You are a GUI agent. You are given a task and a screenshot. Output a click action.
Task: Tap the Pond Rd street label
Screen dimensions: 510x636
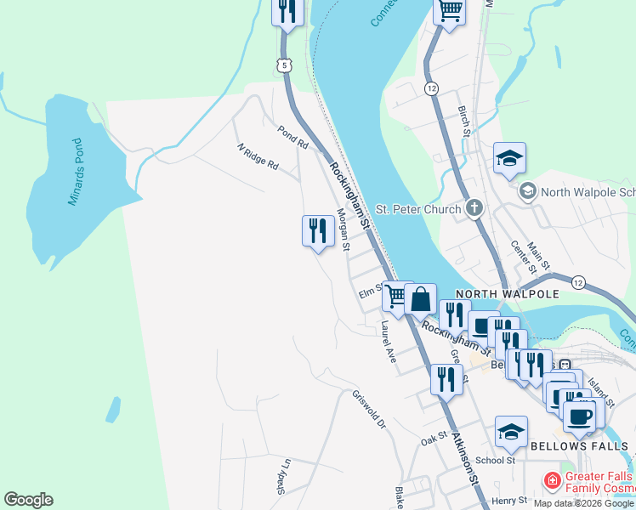(x=292, y=137)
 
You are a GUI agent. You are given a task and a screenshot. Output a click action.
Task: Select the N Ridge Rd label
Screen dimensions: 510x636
(x=258, y=156)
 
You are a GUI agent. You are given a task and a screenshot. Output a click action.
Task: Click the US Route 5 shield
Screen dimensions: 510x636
(x=285, y=65)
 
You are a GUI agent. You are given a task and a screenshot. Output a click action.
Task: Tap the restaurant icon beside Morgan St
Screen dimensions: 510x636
(x=317, y=230)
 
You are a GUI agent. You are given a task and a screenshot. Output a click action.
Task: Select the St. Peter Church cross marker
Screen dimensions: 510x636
(x=474, y=208)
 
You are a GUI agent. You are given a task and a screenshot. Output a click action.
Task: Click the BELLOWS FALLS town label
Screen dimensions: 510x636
(x=578, y=445)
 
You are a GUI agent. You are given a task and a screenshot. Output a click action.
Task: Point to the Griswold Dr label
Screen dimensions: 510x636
(x=369, y=408)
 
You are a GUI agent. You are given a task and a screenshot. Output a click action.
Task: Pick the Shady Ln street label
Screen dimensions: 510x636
(x=283, y=476)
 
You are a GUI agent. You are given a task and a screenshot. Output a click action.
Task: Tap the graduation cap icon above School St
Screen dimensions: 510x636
(x=511, y=432)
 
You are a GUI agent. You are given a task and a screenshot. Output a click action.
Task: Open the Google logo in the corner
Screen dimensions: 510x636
(x=28, y=500)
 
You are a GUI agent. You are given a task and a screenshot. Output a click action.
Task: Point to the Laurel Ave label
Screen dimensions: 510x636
(x=389, y=342)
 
